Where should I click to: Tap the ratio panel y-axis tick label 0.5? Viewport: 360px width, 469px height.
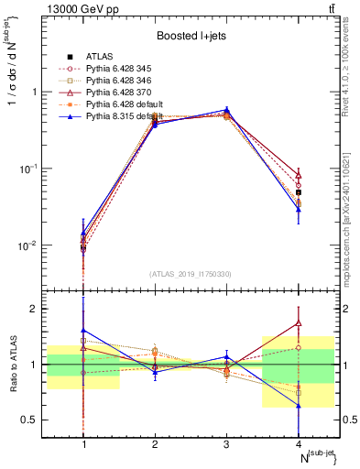[33, 420]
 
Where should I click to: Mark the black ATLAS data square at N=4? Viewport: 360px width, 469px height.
[298, 192]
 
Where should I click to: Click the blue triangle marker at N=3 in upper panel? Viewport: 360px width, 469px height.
[226, 110]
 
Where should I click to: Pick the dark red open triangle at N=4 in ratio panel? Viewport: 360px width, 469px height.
[298, 322]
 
